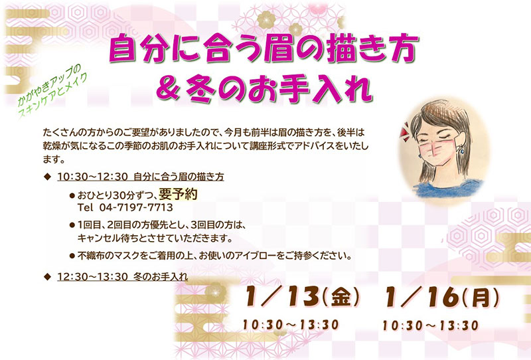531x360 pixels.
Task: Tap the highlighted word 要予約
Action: tap(178, 194)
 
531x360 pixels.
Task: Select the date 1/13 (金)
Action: tap(302, 297)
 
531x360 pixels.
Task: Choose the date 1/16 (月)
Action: tap(442, 297)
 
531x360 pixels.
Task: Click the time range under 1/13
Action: tap(291, 325)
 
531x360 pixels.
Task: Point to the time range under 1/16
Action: tap(430, 325)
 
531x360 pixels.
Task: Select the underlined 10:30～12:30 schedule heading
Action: tap(141, 177)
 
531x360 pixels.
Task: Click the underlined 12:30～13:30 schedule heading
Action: tap(123, 276)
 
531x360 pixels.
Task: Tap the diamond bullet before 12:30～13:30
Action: tap(47, 276)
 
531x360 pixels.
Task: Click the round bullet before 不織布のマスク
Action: tap(72, 256)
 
